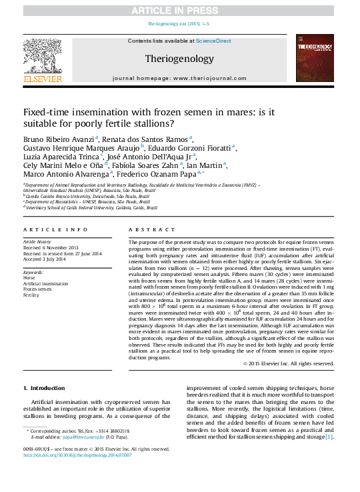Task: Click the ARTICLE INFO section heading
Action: pos(55,229)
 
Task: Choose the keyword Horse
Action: pos(30,278)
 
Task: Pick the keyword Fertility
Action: pos(33,294)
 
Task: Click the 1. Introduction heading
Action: pos(44,387)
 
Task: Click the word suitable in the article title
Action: pos(42,123)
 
